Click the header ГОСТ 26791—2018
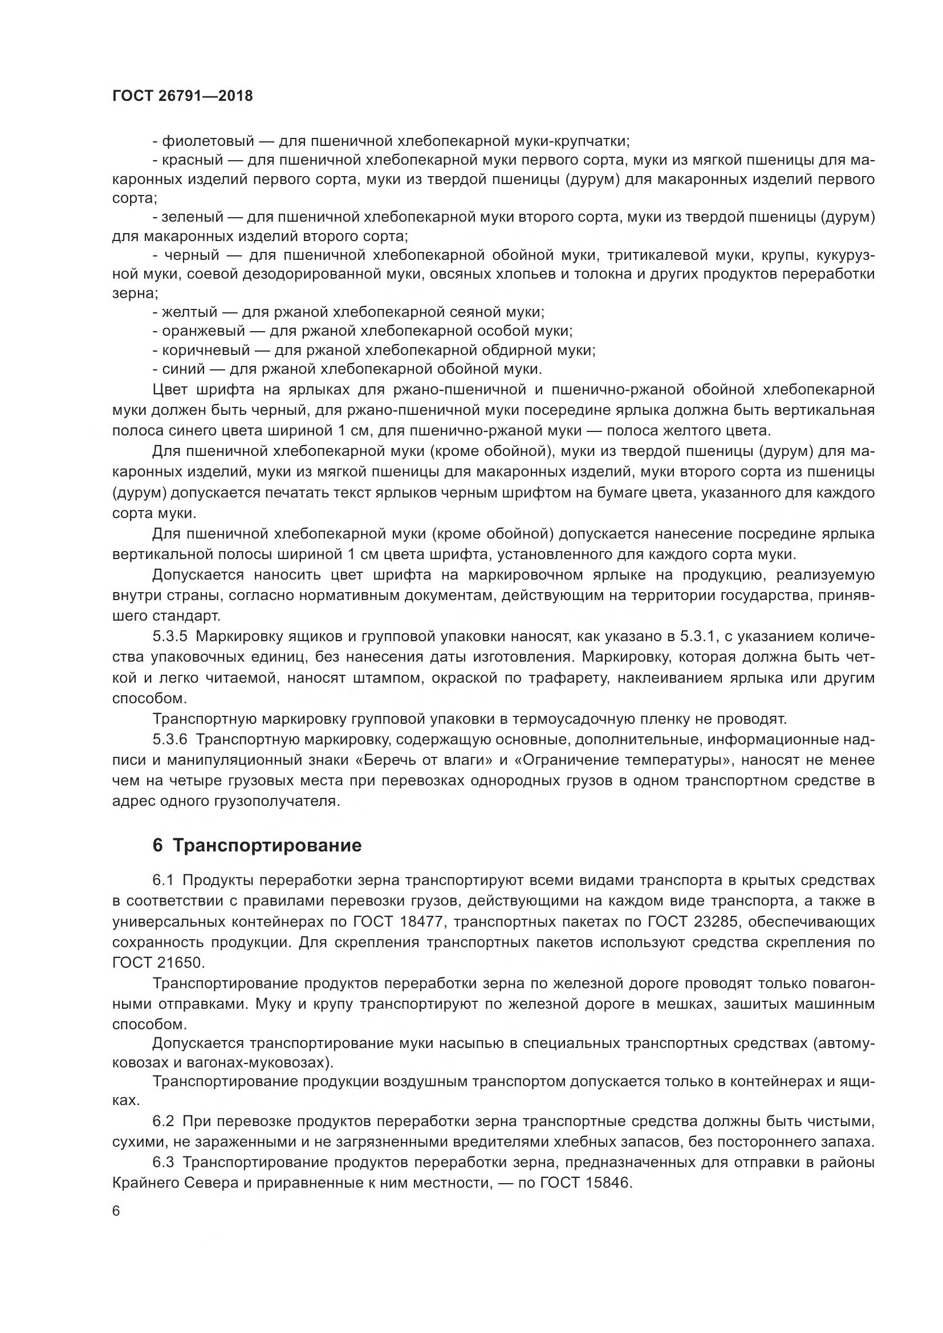pos(182,96)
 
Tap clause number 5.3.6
pos(169,740)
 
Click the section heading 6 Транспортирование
pos(257,845)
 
